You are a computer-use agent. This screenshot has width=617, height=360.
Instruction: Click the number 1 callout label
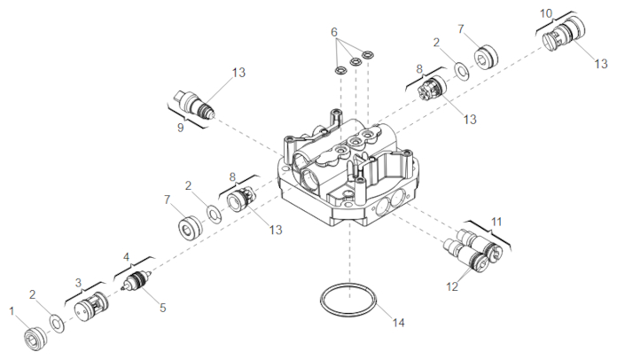pyautogui.click(x=12, y=311)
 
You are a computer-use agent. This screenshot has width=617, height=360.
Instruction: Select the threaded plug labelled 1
pyautogui.click(x=35, y=339)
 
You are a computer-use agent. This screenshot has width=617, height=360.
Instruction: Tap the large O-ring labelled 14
pyautogui.click(x=348, y=299)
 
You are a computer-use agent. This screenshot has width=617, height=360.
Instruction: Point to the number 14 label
pyautogui.click(x=398, y=323)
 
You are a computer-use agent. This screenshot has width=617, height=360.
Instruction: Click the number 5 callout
pyautogui.click(x=163, y=308)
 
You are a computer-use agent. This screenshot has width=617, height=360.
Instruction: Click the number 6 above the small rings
pyautogui.click(x=334, y=32)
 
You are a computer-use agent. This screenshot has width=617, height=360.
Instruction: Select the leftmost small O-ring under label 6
pyautogui.click(x=340, y=71)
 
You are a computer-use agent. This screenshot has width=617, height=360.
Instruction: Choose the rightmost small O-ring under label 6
pyautogui.click(x=368, y=54)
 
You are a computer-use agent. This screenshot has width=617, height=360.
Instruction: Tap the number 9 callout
pyautogui.click(x=180, y=128)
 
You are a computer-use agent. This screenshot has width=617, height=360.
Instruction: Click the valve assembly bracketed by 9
pyautogui.click(x=194, y=104)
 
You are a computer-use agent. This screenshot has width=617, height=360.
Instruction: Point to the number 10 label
pyautogui.click(x=546, y=14)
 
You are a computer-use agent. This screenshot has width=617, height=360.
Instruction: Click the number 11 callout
pyautogui.click(x=496, y=223)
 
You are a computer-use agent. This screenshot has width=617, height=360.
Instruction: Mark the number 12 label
pyautogui.click(x=452, y=286)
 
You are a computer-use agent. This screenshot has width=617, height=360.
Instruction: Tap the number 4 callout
pyautogui.click(x=126, y=257)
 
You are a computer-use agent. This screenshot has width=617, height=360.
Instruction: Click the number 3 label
pyautogui.click(x=78, y=283)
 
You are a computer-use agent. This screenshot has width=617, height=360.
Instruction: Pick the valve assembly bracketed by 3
pyautogui.click(x=91, y=307)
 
